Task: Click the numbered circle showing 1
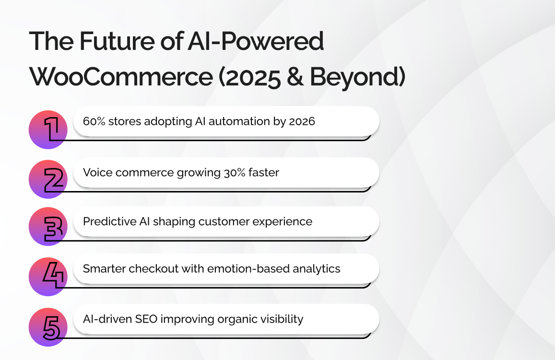[48, 130]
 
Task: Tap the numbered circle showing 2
[48, 180]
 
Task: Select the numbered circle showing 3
[48, 227]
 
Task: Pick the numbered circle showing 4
[48, 277]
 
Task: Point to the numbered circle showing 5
[48, 327]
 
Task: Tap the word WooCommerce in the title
[121, 76]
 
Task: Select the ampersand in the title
[295, 76]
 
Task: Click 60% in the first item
[94, 121]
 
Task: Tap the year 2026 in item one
[302, 121]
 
